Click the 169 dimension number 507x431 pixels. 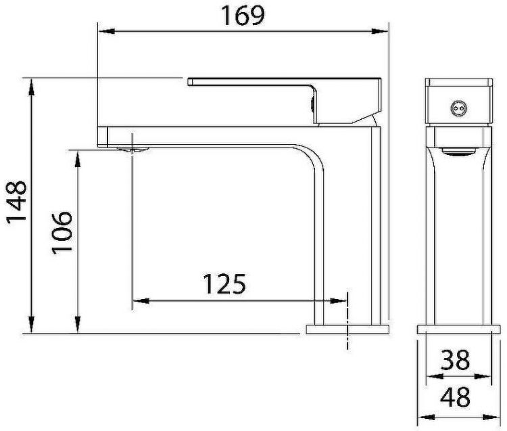pos(245,16)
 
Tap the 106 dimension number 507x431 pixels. pos(62,232)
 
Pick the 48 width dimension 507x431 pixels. pos(454,397)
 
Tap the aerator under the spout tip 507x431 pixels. pos(130,149)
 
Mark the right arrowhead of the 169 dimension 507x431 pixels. pos(385,30)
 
